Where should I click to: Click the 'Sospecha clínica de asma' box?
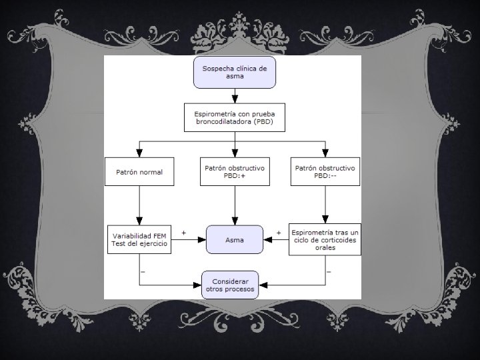(234, 72)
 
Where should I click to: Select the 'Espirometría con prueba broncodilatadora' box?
(234, 119)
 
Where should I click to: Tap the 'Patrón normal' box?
(139, 172)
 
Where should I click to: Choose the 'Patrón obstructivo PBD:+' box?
(234, 172)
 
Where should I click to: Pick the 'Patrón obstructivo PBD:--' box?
(325, 172)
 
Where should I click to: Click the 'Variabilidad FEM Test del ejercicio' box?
(139, 239)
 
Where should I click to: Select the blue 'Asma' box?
(234, 240)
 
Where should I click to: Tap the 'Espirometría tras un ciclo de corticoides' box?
(325, 239)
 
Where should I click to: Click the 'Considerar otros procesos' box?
(231, 285)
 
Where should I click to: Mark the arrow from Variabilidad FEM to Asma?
(188, 240)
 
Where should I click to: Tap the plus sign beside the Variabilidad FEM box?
(183, 233)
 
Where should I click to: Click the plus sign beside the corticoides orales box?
(278, 233)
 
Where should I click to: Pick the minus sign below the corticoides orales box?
(329, 271)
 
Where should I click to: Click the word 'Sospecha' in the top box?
(217, 68)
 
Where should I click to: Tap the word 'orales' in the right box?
(325, 248)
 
